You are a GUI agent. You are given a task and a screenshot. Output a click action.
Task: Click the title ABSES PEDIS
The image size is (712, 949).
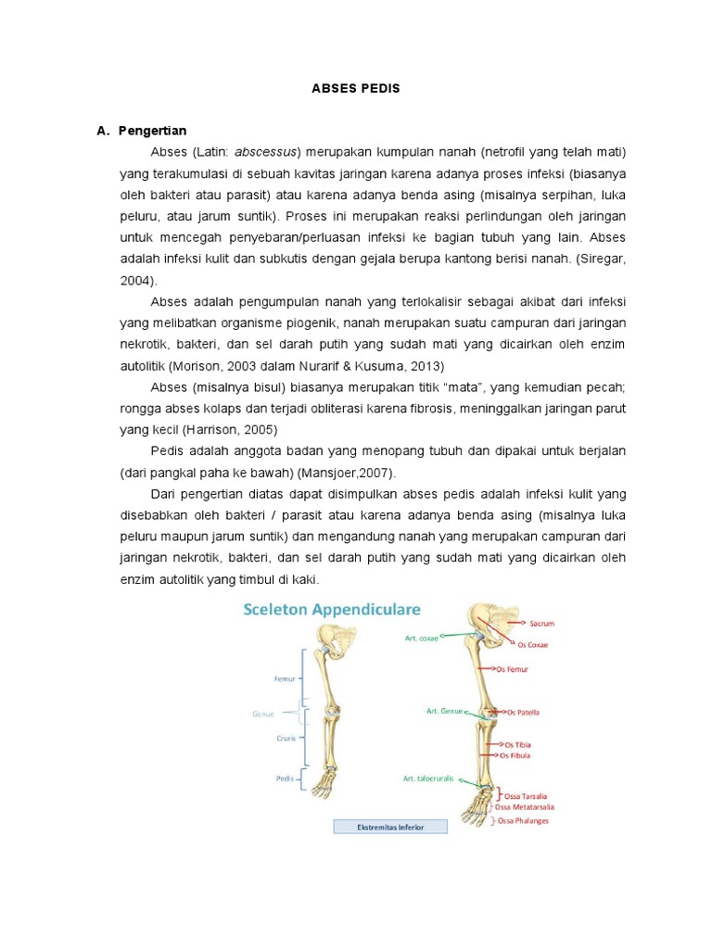click(x=355, y=89)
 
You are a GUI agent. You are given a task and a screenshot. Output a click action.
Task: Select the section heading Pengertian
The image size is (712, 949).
click(x=152, y=131)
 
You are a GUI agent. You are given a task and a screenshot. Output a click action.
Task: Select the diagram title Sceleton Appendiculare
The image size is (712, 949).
click(x=332, y=609)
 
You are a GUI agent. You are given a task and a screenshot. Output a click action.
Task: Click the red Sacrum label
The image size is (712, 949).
click(x=541, y=624)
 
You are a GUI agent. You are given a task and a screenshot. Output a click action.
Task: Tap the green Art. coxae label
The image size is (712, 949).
click(x=422, y=638)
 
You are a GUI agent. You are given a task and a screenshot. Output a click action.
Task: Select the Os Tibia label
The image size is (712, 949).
click(x=518, y=744)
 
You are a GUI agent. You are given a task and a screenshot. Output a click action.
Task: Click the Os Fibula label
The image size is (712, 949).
click(x=518, y=755)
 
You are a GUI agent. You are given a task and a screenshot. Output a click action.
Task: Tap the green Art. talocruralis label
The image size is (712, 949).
click(x=428, y=778)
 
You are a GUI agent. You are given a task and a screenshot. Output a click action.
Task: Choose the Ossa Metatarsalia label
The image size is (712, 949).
click(x=529, y=807)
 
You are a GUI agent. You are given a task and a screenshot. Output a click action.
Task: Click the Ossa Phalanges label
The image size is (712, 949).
click(x=523, y=820)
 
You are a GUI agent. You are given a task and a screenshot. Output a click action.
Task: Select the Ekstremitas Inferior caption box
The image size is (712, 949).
click(x=390, y=827)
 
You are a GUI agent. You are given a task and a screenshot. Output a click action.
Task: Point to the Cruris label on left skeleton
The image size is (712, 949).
click(x=285, y=739)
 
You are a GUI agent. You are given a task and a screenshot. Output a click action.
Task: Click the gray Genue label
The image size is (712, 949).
click(x=264, y=714)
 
